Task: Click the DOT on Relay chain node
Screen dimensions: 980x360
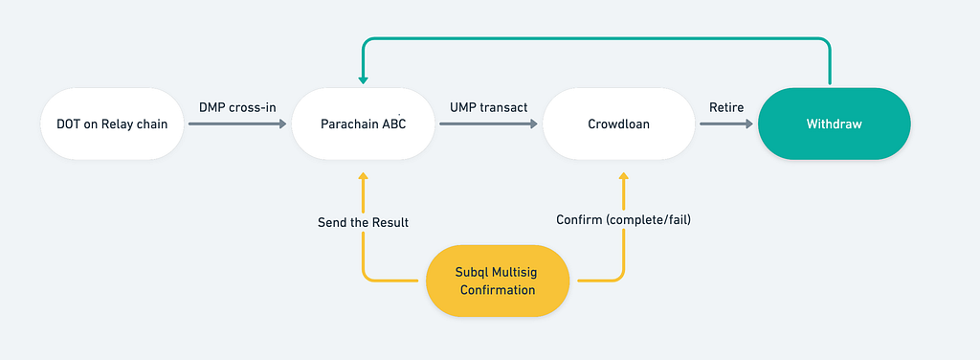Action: tap(113, 124)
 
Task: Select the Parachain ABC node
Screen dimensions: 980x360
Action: tap(363, 124)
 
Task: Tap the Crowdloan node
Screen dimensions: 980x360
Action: tap(619, 124)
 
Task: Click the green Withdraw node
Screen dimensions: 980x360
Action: tap(834, 124)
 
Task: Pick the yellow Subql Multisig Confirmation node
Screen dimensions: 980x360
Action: tap(498, 281)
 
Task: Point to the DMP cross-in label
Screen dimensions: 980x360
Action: tap(237, 107)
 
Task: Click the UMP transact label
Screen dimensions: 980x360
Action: tap(489, 107)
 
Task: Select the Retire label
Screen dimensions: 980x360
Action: tap(726, 107)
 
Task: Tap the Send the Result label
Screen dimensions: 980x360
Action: tap(363, 222)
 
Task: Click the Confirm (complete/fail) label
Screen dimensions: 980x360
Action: tap(623, 219)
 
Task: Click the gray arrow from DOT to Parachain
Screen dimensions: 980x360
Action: tap(237, 124)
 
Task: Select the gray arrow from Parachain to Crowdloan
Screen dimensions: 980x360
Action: tap(489, 124)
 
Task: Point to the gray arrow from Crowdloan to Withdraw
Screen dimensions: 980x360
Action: tap(726, 124)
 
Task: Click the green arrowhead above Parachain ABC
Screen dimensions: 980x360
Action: tap(363, 80)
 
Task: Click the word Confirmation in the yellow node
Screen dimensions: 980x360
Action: tap(498, 290)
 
